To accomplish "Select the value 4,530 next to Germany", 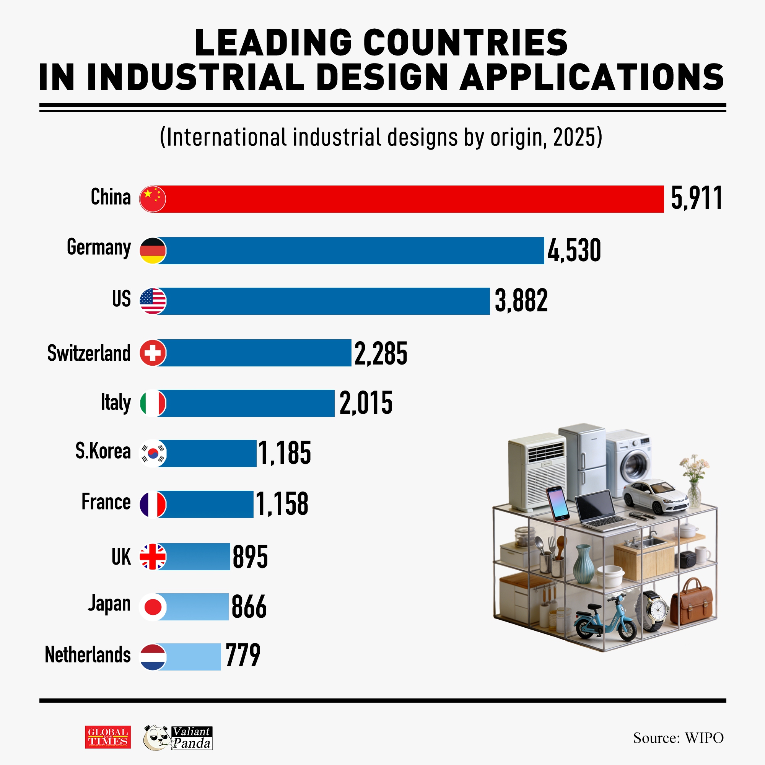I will (574, 250).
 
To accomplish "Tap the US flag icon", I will (153, 301).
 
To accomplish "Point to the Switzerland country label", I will (89, 353).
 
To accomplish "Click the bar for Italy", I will (249, 403).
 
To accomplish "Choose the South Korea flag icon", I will (154, 453).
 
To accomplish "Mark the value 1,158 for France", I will (282, 504).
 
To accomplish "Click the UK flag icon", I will (153, 556).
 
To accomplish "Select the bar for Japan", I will (194, 607).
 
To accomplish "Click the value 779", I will (243, 655).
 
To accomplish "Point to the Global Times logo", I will (108, 737).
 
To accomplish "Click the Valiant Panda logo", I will (178, 738).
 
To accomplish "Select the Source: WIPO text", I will (678, 738).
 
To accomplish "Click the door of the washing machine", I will (635, 466).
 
